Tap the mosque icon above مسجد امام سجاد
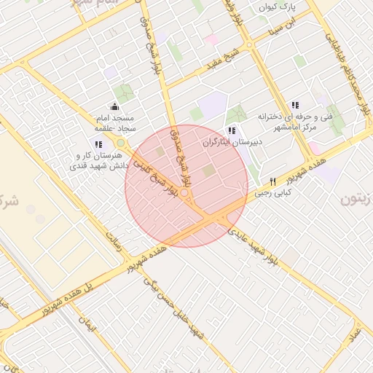[113, 107]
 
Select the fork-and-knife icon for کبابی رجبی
[273, 181]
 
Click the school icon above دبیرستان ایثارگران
[232, 130]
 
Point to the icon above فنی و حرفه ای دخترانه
[295, 105]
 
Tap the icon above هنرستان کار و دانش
[98, 145]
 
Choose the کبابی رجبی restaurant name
[273, 193]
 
